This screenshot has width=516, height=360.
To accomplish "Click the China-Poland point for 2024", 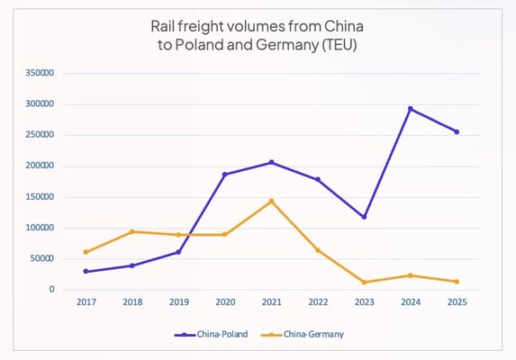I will [411, 109].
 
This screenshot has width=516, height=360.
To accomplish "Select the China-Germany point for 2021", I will [271, 201].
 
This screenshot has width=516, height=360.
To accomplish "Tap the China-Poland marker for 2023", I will [364, 217].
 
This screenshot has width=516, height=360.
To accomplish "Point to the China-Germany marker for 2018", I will [131, 231].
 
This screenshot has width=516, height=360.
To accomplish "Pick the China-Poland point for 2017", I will [86, 271].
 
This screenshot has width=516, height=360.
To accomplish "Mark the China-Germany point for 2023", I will [364, 282].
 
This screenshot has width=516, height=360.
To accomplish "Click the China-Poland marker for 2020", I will [224, 175].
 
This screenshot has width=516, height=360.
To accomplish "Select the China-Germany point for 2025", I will [457, 282].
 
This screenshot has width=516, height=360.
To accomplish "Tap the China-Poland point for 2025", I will [457, 131].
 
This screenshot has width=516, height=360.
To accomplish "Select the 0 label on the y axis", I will [52, 290].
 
